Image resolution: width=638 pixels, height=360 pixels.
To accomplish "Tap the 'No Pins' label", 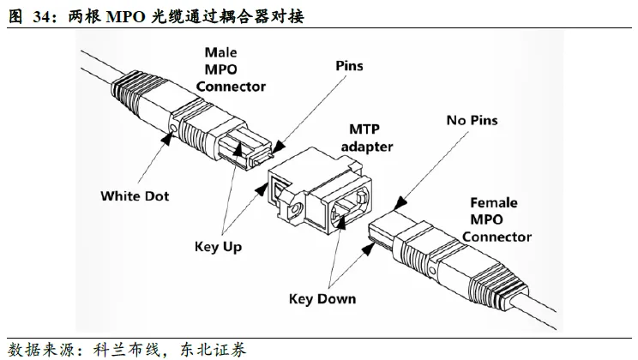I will point(471,121).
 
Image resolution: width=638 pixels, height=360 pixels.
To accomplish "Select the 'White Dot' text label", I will point(135,195).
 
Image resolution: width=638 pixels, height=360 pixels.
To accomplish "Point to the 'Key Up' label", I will point(218,247).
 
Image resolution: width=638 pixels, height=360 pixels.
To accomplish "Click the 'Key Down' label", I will point(322,299).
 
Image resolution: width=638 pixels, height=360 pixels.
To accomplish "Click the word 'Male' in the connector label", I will point(220,52).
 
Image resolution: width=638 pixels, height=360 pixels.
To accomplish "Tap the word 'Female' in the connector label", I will point(494,203).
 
